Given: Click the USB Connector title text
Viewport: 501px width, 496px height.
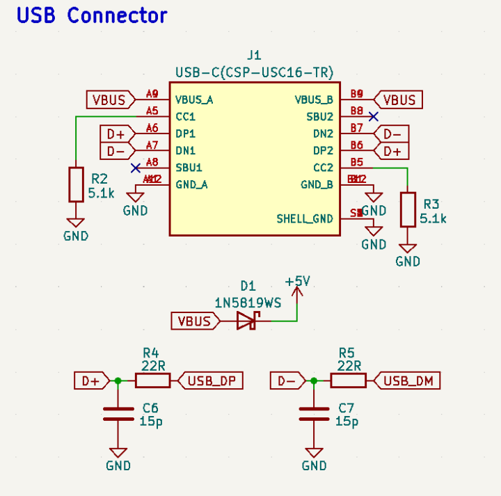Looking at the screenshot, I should (x=92, y=15).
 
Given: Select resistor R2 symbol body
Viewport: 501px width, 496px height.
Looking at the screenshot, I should (x=76, y=184).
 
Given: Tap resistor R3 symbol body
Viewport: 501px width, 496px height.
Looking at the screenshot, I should (x=408, y=209).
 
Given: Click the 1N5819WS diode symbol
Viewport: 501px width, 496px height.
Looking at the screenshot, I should (x=247, y=321).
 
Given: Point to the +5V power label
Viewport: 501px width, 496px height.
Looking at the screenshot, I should (x=297, y=282).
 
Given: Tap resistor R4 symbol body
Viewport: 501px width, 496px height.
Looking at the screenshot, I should (x=152, y=381).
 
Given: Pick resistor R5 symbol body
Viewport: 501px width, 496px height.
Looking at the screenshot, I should (x=348, y=381).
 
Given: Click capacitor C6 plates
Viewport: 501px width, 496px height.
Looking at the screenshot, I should (x=118, y=413).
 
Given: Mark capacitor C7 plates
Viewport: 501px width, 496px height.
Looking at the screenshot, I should (x=314, y=413).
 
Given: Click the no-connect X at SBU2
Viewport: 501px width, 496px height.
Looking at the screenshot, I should (x=373, y=116).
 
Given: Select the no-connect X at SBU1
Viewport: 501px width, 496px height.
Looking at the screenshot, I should (x=136, y=168).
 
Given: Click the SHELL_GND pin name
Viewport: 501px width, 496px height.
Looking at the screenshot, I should (x=305, y=218).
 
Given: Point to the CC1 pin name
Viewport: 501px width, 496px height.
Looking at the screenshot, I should (x=185, y=116).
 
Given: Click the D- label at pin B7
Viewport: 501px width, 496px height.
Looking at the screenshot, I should (x=392, y=134).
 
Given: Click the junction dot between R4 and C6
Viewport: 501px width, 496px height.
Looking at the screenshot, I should (x=118, y=381).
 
